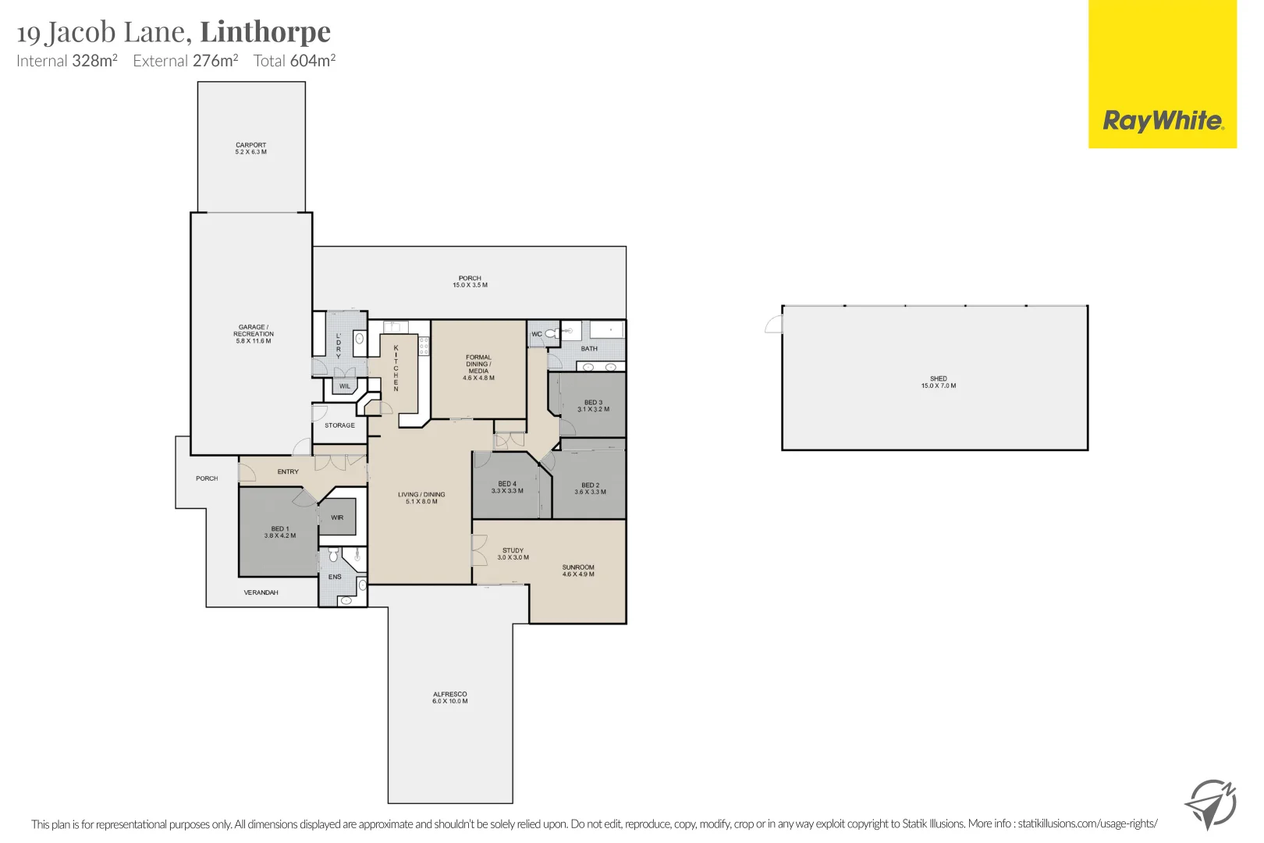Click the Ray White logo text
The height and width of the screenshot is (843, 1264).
pos(1163,121)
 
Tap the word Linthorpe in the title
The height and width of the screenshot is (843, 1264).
pos(265,31)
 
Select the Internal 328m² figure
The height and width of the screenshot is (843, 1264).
pos(94,61)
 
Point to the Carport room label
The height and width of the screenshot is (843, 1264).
pos(250,148)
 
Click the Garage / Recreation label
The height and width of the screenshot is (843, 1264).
pos(253,334)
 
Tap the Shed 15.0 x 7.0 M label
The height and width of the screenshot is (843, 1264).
pos(938,382)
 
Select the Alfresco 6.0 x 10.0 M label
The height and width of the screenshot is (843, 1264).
pos(449,697)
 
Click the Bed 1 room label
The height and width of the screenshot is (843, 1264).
pos(279,532)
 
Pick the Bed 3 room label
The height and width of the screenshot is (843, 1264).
pos(593,406)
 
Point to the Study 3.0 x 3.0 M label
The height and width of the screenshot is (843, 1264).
pos(513,553)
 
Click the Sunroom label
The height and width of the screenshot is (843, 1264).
pos(578,571)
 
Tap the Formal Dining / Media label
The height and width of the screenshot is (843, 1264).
pos(478,367)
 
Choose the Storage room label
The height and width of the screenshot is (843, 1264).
pos(339,425)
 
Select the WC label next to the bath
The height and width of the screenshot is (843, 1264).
pos(537,334)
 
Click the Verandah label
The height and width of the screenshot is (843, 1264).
pos(261,592)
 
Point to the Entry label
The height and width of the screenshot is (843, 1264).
pos(288,471)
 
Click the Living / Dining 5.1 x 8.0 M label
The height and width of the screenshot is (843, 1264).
pos(421,498)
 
